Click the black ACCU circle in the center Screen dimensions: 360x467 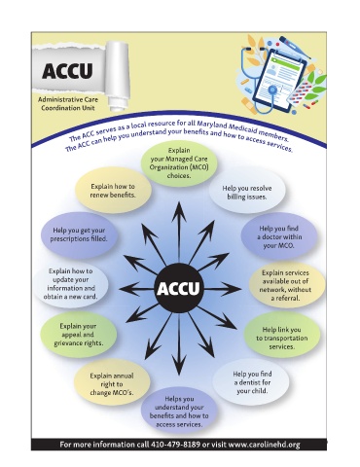click(x=178, y=288)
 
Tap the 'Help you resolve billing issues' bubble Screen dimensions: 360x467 click(x=247, y=193)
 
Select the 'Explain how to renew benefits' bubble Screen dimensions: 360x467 click(x=113, y=191)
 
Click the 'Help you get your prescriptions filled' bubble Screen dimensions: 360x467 click(x=79, y=234)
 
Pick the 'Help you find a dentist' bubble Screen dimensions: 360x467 click(x=252, y=382)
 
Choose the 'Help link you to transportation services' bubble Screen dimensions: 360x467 click(x=281, y=338)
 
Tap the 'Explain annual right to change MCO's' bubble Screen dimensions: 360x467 click(x=112, y=384)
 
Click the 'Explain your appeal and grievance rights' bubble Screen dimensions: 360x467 click(x=79, y=335)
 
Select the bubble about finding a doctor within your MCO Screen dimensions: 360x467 click(x=279, y=237)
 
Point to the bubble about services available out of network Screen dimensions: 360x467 click(x=286, y=285)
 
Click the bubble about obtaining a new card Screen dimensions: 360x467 click(x=71, y=284)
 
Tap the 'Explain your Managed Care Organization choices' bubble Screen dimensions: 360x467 click(x=179, y=163)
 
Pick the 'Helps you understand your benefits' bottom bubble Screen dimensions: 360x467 click(x=179, y=412)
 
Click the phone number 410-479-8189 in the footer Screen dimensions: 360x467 click(x=175, y=445)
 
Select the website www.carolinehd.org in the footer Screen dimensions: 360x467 click(x=264, y=445)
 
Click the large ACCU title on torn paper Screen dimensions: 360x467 click(x=67, y=71)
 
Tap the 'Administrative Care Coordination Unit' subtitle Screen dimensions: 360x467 click(x=68, y=104)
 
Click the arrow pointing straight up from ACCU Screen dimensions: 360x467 click(x=178, y=233)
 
